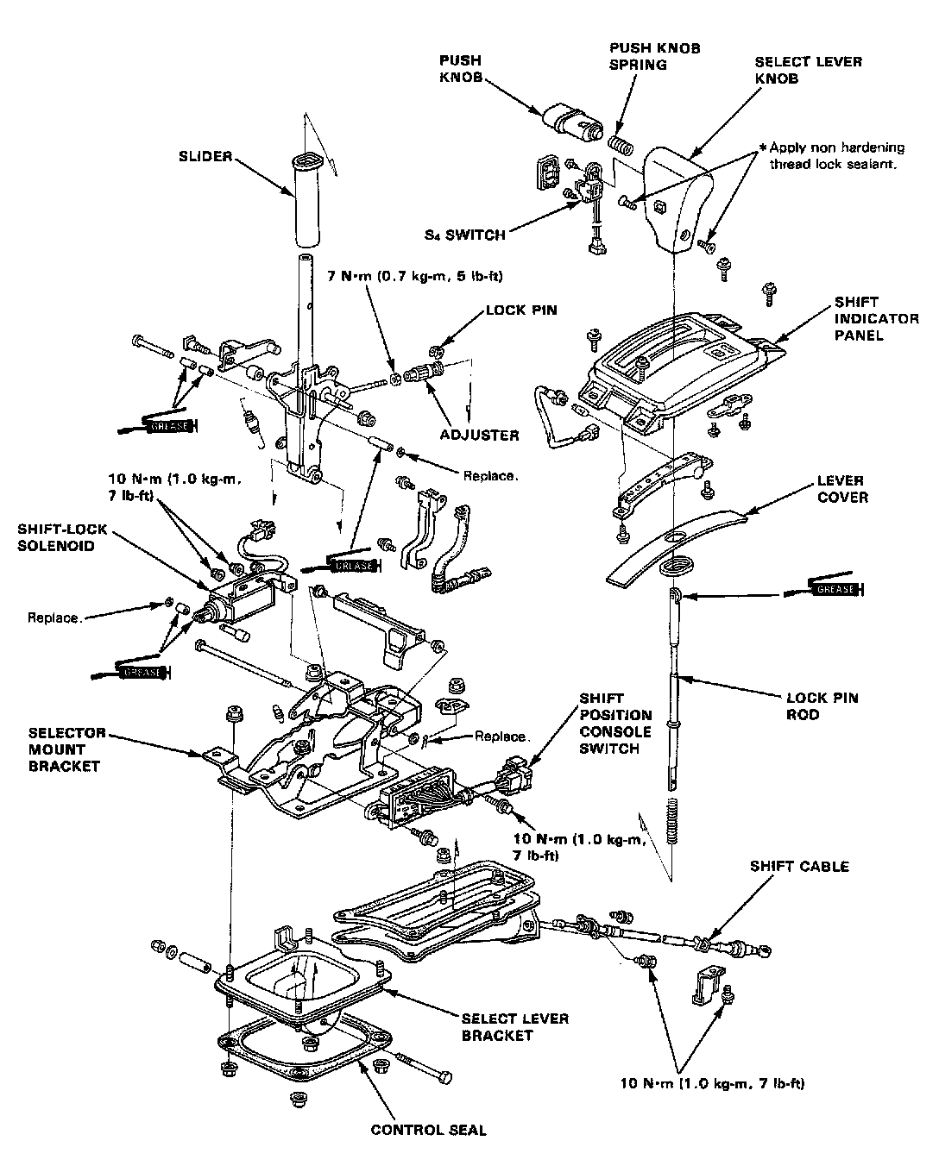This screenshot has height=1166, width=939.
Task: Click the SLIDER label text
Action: coord(205,156)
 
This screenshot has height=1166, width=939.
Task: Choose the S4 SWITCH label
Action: coord(466,234)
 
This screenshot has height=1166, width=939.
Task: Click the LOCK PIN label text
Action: coord(521,310)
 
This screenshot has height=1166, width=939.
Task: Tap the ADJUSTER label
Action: coord(478,436)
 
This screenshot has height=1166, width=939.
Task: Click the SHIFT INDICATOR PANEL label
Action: coord(864,318)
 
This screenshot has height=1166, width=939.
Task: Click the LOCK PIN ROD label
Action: coord(822,705)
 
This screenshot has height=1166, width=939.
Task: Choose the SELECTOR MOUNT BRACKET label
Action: coord(66,749)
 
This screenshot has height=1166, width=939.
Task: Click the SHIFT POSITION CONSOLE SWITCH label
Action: coord(615,723)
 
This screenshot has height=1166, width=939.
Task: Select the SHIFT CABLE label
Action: coord(799,866)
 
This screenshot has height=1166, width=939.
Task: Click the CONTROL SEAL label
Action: coord(428,1130)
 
